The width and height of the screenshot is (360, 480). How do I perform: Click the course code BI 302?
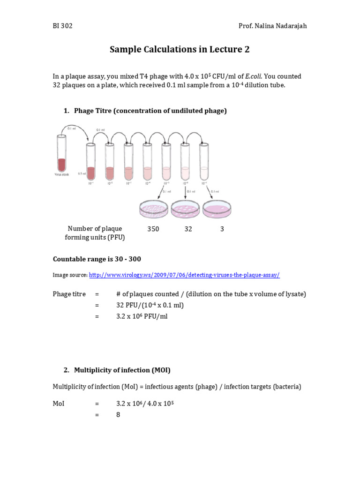tap(62, 26)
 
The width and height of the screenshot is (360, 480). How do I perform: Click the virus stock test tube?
tap(61, 155)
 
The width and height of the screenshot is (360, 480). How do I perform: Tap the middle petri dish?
tap(185, 209)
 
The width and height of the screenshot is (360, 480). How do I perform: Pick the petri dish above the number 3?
tap(217, 209)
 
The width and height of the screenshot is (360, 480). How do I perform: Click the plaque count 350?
tap(153, 229)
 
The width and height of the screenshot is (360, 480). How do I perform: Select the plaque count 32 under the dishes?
tap(188, 229)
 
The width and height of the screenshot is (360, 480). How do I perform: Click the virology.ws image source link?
tap(184, 275)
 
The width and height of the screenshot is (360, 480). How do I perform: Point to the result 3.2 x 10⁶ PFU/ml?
tap(142, 316)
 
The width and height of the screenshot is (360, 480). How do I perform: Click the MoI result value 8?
tap(119, 414)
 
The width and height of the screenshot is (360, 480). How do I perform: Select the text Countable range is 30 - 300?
tap(97, 259)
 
